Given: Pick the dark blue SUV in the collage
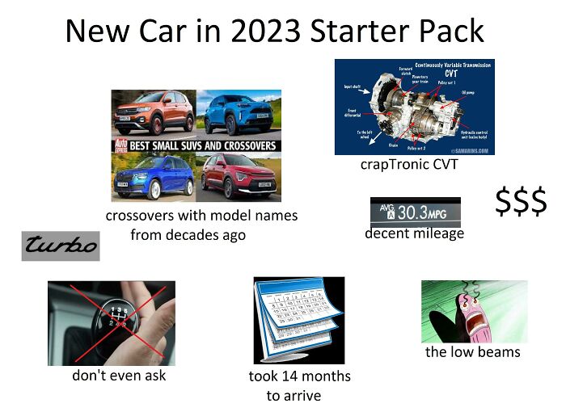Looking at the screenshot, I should tap(155, 175).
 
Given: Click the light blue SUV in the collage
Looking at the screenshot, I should tap(240, 113).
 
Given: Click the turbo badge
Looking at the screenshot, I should tap(61, 245).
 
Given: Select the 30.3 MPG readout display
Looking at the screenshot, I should tap(415, 212).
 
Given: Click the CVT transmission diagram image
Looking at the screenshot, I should tap(414, 106).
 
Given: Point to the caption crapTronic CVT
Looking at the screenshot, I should tap(408, 165).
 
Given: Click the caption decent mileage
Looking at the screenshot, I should tap(414, 233).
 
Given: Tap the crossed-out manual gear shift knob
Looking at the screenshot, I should tap(112, 321).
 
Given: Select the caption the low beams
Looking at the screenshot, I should tap(473, 351).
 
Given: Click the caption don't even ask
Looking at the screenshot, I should tap(119, 375).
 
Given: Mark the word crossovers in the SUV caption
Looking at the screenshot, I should tap(145, 216).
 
